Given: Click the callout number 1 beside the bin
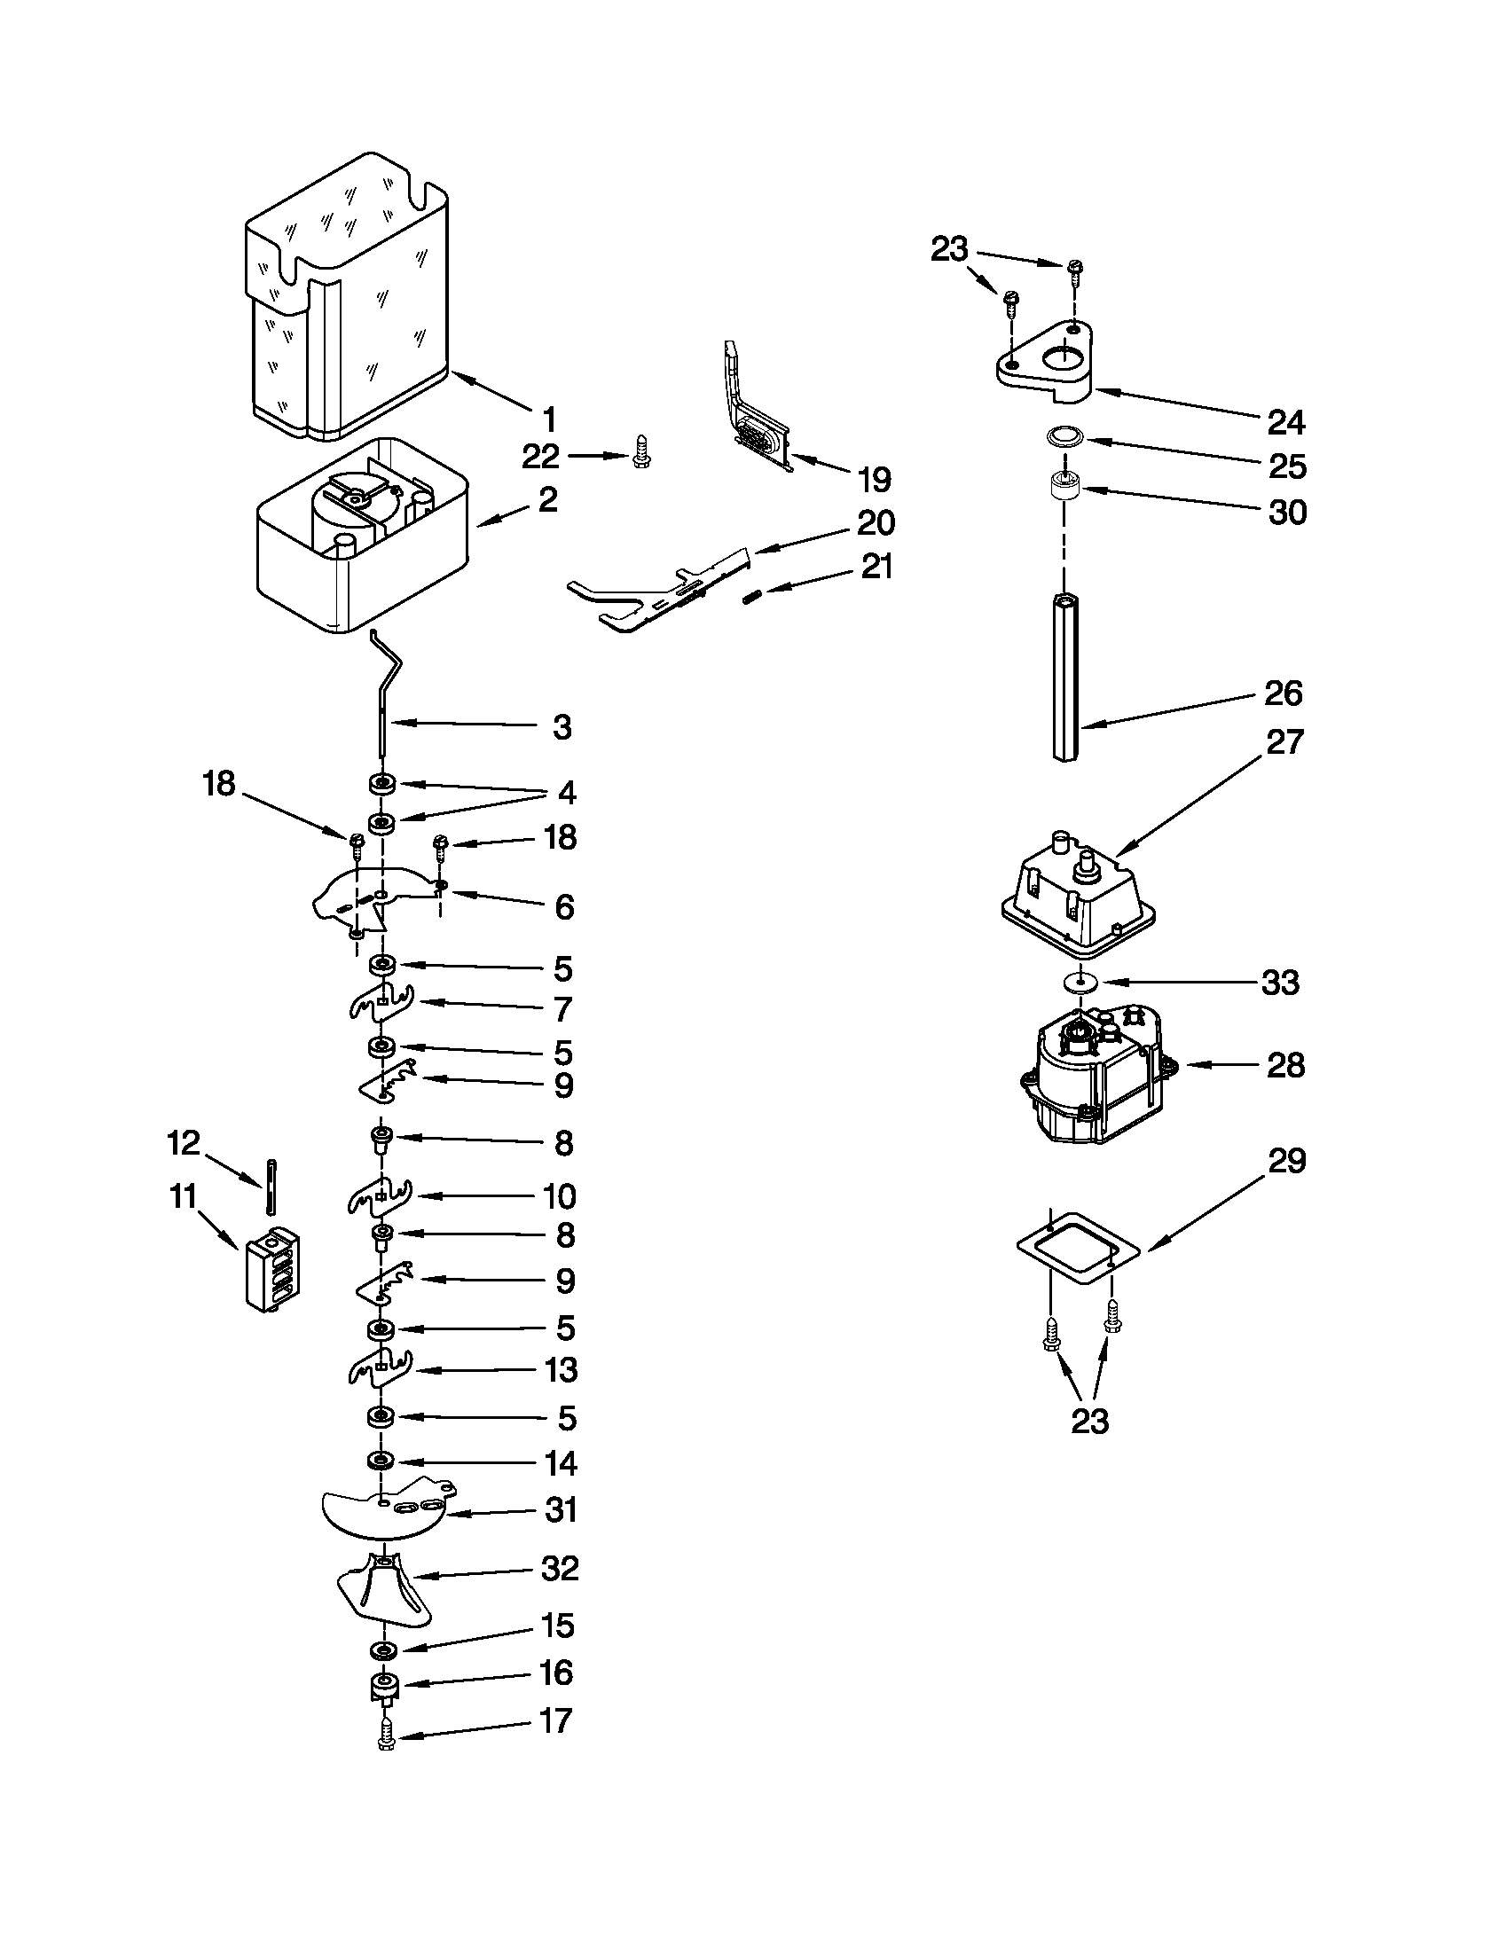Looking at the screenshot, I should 550,419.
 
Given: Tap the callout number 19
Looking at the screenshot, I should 874,480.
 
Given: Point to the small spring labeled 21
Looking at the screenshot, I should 752,597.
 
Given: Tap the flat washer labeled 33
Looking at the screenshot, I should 1080,981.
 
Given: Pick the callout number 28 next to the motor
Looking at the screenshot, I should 1284,1065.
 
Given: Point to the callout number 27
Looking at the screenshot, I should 1284,741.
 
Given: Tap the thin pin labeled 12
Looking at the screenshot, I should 268,1186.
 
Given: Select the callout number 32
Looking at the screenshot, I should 560,1569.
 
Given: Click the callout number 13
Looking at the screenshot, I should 561,1369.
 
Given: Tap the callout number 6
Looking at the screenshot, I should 563,906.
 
